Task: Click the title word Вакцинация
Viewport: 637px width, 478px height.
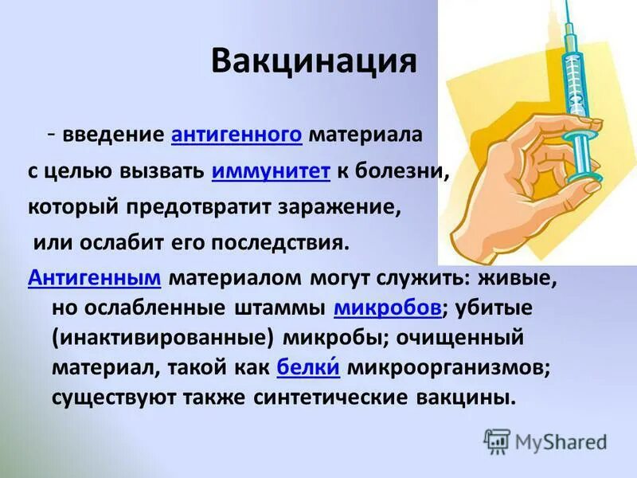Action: (314, 62)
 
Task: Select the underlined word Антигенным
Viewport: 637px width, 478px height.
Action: (95, 278)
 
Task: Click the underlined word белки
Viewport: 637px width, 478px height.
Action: (309, 367)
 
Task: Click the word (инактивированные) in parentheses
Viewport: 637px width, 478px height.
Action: (165, 338)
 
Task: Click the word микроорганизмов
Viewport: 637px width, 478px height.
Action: (447, 367)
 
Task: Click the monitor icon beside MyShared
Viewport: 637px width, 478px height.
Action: (497, 441)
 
